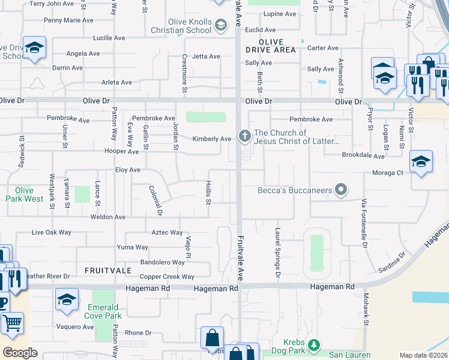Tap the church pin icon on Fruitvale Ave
coord(244,136)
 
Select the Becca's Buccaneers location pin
coord(341,190)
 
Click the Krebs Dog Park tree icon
coord(313,345)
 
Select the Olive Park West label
coord(25,194)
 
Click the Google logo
coord(20,352)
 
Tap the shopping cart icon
coord(11,324)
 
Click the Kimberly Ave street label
coord(212,139)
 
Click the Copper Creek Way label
coord(167,277)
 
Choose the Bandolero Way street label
coord(162,262)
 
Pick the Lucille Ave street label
coord(109,37)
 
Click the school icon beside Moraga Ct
coord(421,161)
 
